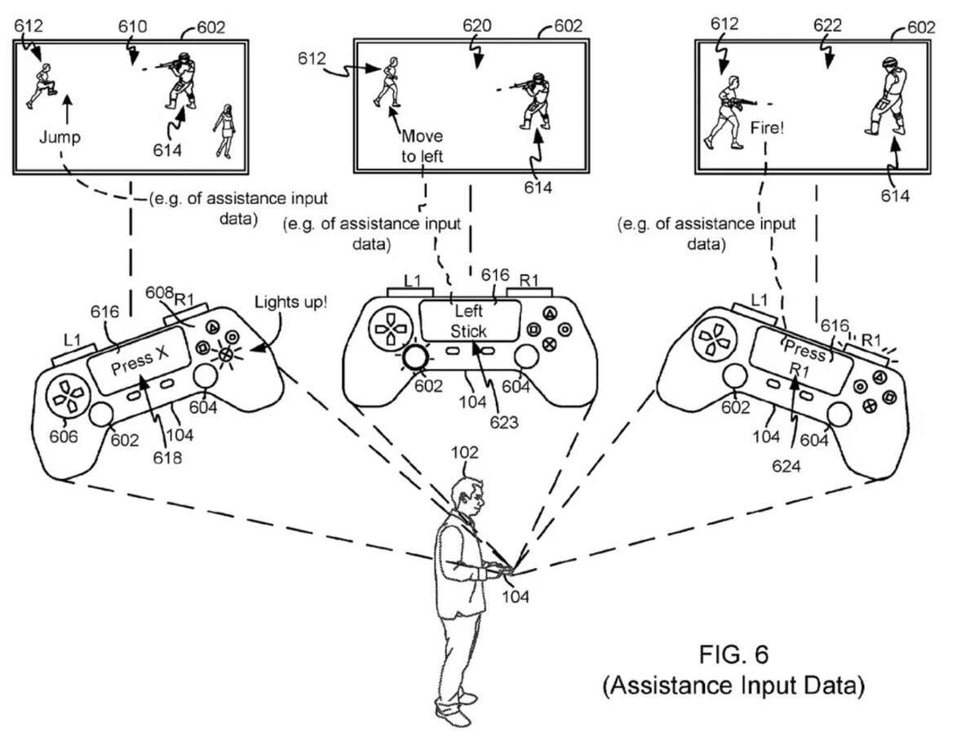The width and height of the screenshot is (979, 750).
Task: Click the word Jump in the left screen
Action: coord(60,137)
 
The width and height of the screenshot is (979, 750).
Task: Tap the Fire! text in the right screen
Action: coord(767,128)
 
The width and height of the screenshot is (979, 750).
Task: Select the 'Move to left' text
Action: coord(422,146)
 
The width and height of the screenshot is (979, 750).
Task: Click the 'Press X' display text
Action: coord(140,362)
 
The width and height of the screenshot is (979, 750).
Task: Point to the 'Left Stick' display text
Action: coord(468,322)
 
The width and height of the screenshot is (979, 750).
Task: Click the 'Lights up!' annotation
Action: coord(290,302)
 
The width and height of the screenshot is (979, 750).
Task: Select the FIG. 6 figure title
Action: coord(733,655)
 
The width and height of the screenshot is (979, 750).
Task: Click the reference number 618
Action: coord(167,458)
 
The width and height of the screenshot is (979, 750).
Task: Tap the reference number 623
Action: coord(504,423)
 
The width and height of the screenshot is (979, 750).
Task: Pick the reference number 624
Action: coord(786,466)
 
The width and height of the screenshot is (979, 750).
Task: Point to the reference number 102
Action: coord(464,452)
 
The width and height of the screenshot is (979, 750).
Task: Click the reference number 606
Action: coord(64,437)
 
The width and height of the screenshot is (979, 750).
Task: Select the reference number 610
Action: coord(132,27)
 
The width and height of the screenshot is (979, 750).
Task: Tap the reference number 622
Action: coord(827,25)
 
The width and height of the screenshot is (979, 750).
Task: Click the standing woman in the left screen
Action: coord(225,131)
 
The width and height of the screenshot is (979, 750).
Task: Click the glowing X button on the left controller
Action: coord(225,355)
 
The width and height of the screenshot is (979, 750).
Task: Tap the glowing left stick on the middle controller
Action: coord(415,357)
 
